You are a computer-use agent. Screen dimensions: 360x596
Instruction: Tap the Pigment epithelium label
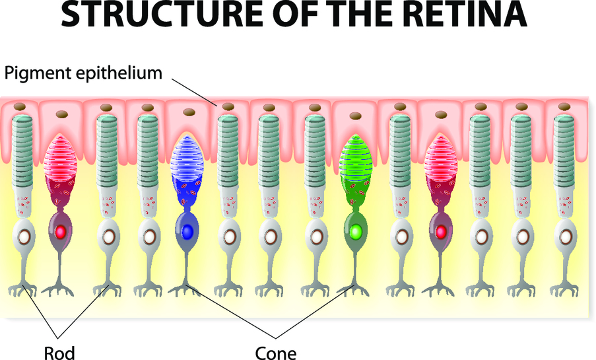coord(83,73)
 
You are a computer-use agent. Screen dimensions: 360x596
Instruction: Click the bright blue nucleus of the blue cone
coord(187,232)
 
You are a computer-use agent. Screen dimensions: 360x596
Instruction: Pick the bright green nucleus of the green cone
coord(355,232)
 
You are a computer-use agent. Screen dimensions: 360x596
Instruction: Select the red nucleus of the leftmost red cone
coord(61,232)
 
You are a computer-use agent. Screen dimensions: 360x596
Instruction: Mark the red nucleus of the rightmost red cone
coord(440,232)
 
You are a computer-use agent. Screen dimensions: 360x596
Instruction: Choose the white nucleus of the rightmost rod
coord(564,235)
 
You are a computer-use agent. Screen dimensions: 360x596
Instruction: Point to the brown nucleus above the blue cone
coord(187,112)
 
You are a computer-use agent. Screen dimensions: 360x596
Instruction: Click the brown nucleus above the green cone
coord(355,112)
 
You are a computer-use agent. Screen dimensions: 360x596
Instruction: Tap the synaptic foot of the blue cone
coord(187,288)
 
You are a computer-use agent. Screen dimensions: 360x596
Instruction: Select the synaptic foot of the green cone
coord(355,288)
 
